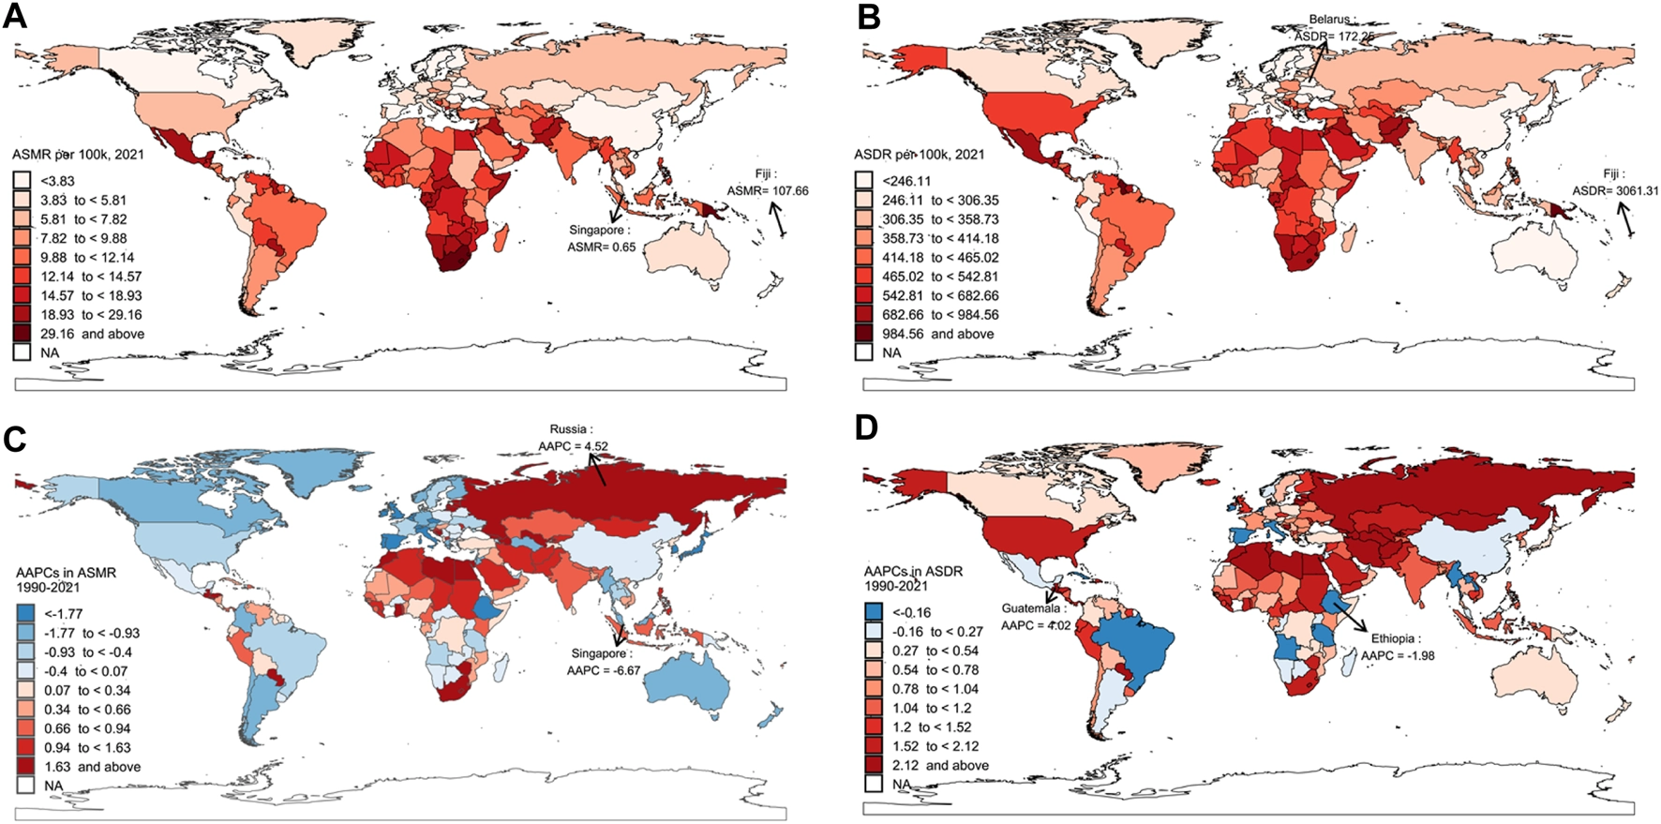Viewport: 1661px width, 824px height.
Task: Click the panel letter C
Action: pos(14,441)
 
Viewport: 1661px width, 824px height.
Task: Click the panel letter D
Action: pos(867,428)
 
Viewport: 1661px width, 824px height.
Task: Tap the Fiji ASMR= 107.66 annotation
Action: pos(767,183)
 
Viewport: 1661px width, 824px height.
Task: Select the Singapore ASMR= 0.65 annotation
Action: pos(601,239)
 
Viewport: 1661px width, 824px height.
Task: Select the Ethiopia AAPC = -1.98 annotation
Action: pos(1398,647)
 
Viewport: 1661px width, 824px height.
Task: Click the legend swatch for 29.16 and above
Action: pos(22,334)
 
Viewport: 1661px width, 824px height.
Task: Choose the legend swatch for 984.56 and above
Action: pos(863,334)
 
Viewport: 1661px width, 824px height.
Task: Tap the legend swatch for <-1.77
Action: pos(26,614)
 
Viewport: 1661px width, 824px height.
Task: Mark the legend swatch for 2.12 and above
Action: pos(874,765)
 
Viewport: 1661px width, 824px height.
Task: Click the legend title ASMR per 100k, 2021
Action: pos(79,154)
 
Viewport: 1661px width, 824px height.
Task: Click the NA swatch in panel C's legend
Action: pos(26,786)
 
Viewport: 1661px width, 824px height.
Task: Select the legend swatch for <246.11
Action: pos(863,181)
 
